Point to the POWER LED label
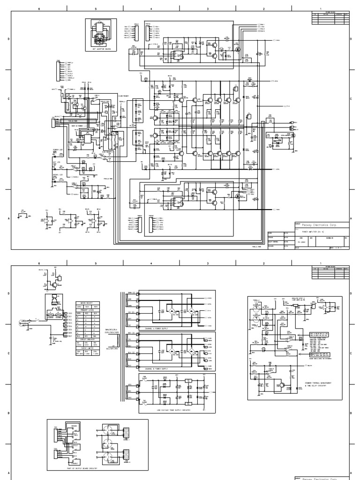click(x=58, y=150)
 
